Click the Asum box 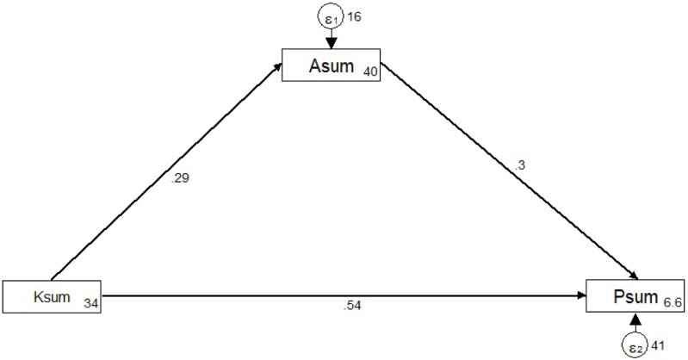pos(332,65)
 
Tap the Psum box pos(635,295)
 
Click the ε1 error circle pos(332,16)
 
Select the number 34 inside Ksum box pos(91,302)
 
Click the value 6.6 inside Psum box pos(673,301)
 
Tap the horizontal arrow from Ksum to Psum pos(344,295)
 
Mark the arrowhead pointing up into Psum pos(635,320)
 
